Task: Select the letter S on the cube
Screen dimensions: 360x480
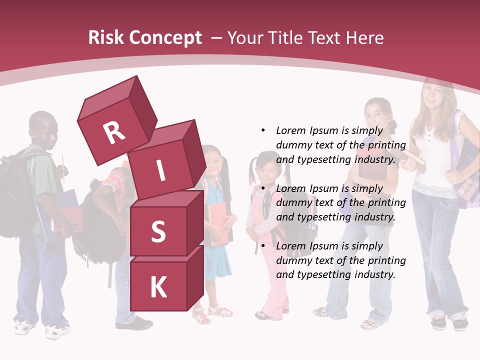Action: tap(158, 231)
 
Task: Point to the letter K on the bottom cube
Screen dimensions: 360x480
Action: tap(158, 287)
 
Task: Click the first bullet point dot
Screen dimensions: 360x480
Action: tap(263, 130)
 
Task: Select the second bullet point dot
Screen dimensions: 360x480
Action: tap(263, 188)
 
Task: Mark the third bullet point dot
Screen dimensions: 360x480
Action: tap(263, 246)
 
